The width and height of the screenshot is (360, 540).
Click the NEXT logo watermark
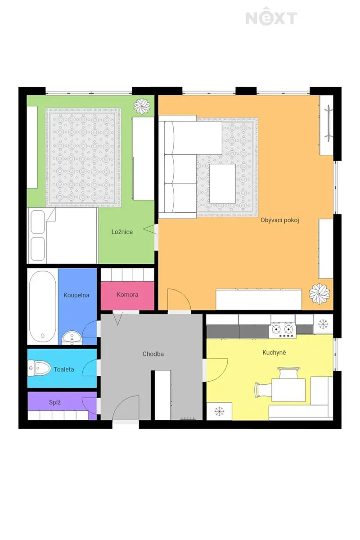tap(271, 17)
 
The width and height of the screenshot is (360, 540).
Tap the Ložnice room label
tap(122, 232)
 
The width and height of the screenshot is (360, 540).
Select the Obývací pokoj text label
tap(280, 220)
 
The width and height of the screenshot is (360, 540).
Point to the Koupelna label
tap(76, 295)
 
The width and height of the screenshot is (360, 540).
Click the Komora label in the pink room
tap(127, 294)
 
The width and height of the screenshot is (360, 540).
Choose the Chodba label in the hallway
tap(153, 354)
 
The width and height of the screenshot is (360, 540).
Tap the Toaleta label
tap(63, 369)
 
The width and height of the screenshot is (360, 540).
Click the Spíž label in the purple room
tap(55, 402)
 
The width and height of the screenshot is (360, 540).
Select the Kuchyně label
tap(274, 352)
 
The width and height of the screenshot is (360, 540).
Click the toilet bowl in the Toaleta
tap(39, 368)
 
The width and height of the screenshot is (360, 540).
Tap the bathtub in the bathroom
tap(43, 306)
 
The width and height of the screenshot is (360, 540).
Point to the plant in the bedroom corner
tap(142, 106)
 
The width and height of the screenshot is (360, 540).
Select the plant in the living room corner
tap(319, 293)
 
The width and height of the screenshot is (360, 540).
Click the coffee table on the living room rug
tap(223, 184)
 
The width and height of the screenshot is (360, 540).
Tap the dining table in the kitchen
tap(288, 390)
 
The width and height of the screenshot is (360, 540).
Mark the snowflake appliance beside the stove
tap(323, 324)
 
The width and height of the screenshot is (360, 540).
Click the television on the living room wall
tap(329, 123)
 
